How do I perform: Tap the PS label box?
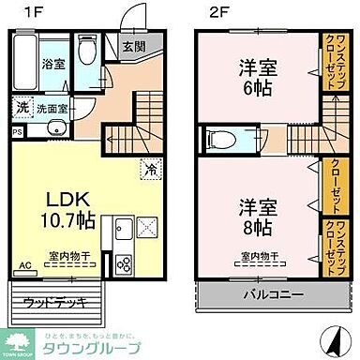coord(17,131)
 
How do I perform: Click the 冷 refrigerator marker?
coord(150,171)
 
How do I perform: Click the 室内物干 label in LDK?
coord(67,255)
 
